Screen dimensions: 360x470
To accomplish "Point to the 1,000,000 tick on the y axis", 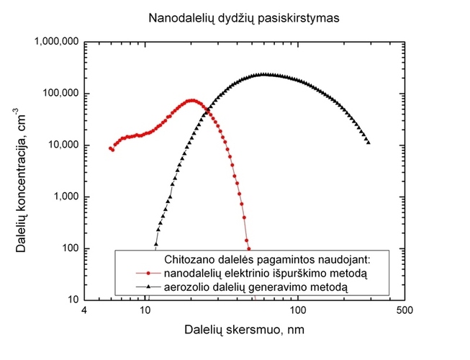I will [56, 42].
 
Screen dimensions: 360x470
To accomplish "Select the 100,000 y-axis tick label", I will [62, 94].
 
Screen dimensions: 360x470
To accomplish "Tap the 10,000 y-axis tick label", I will [65, 145].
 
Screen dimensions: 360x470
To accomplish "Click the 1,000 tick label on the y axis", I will [67, 197].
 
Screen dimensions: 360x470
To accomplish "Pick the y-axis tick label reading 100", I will [71, 248].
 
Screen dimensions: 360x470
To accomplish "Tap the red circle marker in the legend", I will [147, 273].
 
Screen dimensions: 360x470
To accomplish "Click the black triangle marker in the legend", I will [147, 287].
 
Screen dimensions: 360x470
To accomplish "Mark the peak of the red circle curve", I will [192, 101].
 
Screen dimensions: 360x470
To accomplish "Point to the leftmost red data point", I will [110, 148].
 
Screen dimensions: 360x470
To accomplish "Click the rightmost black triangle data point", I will [369, 142].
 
